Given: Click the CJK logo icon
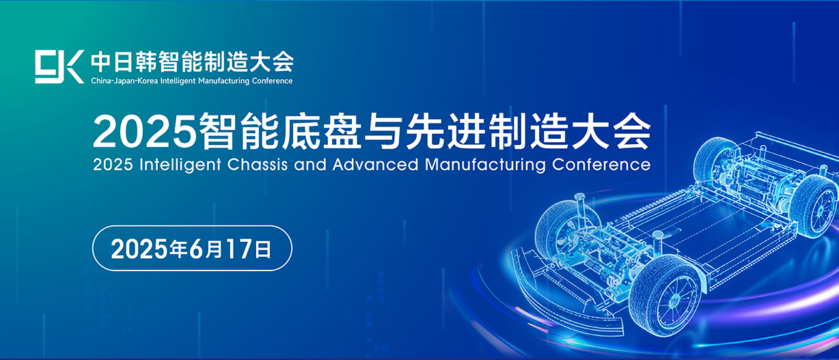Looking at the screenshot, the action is click(x=59, y=67).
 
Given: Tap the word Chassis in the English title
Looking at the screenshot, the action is click(x=258, y=165).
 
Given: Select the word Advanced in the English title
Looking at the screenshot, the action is click(x=375, y=165).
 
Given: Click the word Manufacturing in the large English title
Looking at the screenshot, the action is click(x=485, y=165).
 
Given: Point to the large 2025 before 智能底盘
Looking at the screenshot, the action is click(x=145, y=131).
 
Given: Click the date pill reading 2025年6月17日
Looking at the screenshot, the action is click(x=192, y=248).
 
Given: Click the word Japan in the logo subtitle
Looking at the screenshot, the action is click(x=123, y=81).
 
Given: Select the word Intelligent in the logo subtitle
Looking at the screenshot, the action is click(x=178, y=81).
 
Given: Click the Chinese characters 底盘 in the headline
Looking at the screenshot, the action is click(x=321, y=131).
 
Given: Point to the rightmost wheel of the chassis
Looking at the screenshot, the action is click(x=814, y=206).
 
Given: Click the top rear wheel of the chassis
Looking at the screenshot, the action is click(x=715, y=160).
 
